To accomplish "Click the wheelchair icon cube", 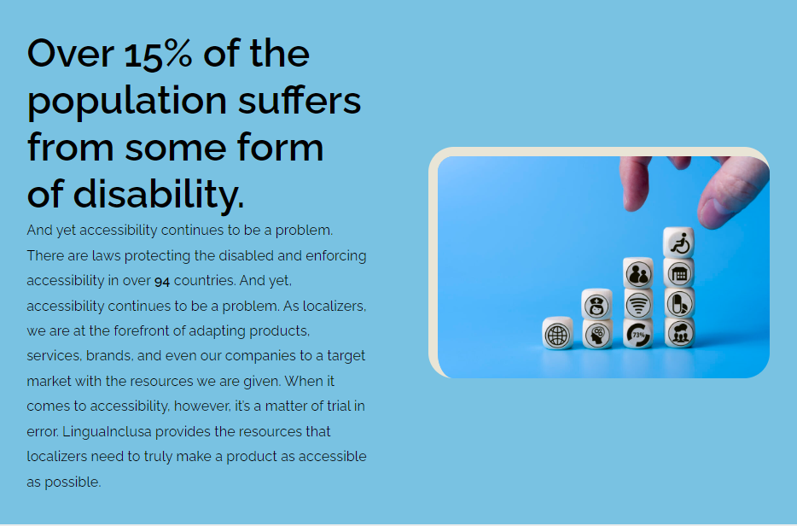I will [x=679, y=243].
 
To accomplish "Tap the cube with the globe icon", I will [x=557, y=334].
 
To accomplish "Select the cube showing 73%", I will [x=638, y=334].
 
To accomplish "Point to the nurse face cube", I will [x=596, y=304].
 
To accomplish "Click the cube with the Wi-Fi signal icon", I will [x=638, y=304].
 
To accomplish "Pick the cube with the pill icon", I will [x=679, y=303].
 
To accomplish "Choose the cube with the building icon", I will [x=679, y=273].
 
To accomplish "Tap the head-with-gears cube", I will [x=596, y=334].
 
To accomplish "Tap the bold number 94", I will [x=162, y=281].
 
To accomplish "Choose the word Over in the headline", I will [x=71, y=54].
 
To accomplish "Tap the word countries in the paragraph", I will [x=203, y=280].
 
